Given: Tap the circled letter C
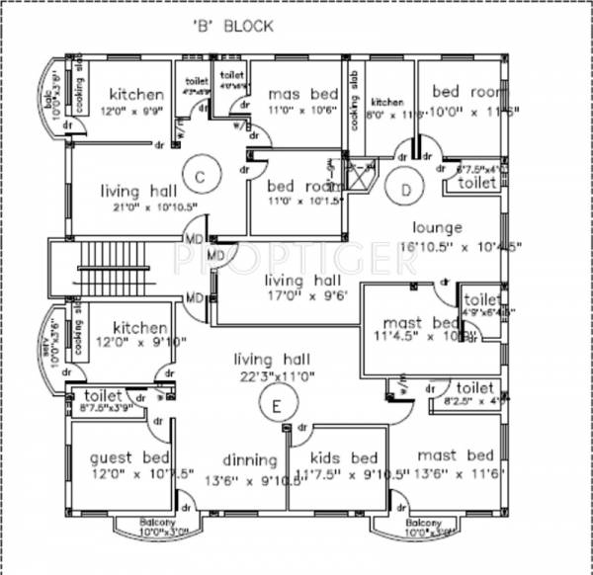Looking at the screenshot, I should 199,177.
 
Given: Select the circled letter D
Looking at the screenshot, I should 405,186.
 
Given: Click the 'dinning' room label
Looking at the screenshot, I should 249,459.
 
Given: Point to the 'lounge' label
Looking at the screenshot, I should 437,225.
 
